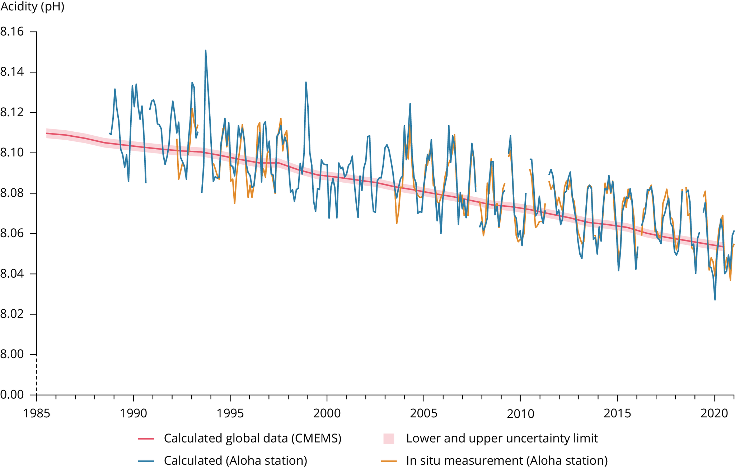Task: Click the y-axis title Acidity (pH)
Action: coord(32,6)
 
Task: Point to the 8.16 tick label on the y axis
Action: coord(12,32)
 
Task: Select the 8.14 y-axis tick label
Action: coord(12,72)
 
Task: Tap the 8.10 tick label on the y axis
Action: coord(12,153)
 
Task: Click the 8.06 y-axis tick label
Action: coord(12,234)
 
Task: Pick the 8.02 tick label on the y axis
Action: coord(12,314)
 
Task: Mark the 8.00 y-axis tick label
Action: coord(12,355)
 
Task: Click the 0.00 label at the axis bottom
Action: coord(12,395)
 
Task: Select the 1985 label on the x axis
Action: coord(37,413)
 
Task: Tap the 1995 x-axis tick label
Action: coord(230,413)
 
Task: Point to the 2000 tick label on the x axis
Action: coord(327,413)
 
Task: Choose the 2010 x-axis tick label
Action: coord(520,413)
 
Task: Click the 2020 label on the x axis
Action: coord(714,413)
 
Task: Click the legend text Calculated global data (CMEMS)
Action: coord(252,438)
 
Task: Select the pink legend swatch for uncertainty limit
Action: coord(389,439)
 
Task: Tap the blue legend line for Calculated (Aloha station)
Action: coord(146,460)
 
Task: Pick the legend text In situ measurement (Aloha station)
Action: coord(507,460)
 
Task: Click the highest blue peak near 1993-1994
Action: coord(205,51)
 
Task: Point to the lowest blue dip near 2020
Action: coord(715,300)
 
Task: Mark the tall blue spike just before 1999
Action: coord(306,82)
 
